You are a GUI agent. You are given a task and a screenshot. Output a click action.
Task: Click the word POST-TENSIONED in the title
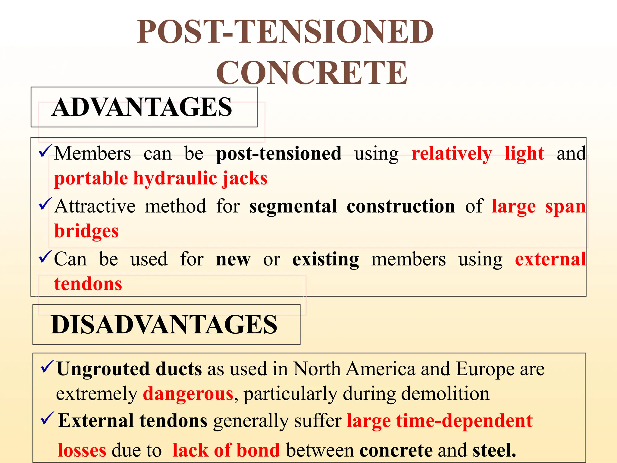click(x=285, y=32)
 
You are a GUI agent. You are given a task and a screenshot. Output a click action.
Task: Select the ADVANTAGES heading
click(x=142, y=107)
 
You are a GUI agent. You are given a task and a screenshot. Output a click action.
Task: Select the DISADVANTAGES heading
click(x=164, y=325)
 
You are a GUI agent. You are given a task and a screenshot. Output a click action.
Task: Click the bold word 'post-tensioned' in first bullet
click(x=279, y=154)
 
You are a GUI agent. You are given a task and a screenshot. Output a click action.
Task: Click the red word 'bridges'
click(x=86, y=231)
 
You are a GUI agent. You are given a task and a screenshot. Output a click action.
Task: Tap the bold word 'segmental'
click(x=293, y=207)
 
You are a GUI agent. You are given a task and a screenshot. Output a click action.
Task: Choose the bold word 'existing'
click(x=325, y=260)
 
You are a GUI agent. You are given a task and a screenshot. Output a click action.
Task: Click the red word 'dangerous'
click(x=188, y=394)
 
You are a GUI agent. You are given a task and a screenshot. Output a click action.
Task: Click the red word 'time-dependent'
click(x=464, y=421)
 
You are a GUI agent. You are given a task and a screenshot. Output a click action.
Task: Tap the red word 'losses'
click(x=82, y=451)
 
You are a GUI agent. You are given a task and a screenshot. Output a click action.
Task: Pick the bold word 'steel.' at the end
click(x=494, y=451)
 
